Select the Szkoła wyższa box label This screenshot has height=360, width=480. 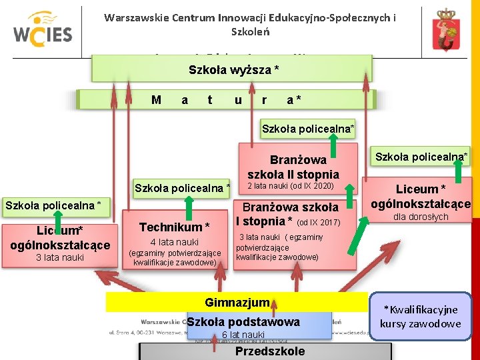click(233, 69)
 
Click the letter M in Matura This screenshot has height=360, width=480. click(156, 100)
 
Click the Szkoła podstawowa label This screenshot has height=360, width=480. click(243, 323)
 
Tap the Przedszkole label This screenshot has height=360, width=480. click(270, 351)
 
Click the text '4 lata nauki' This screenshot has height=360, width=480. click(175, 242)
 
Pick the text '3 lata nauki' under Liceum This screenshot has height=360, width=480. click(59, 257)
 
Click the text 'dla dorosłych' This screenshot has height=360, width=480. click(421, 217)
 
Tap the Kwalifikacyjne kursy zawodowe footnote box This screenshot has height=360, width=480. click(420, 317)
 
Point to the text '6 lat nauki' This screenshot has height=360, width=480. click(243, 335)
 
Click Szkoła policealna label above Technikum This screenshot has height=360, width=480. click(182, 188)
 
